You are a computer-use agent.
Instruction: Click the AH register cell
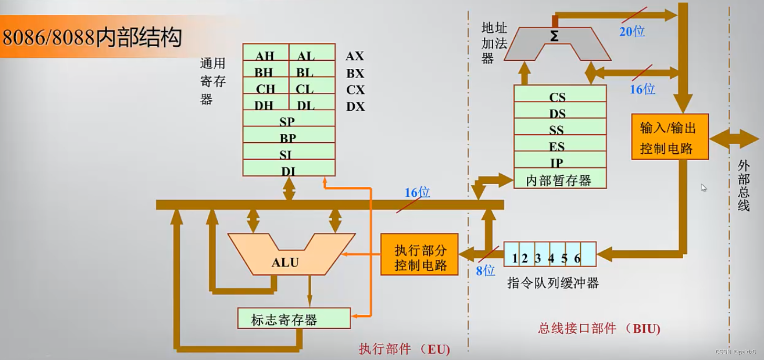(x=265, y=56)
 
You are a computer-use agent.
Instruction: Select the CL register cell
(x=304, y=89)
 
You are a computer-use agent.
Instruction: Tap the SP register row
(x=288, y=121)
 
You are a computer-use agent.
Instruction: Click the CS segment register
(x=557, y=97)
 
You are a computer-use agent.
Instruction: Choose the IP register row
(x=557, y=163)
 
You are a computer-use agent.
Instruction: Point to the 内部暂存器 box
(x=559, y=181)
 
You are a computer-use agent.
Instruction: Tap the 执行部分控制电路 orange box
(x=420, y=258)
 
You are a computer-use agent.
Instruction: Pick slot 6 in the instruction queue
(x=578, y=258)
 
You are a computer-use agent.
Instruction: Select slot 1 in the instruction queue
(x=514, y=258)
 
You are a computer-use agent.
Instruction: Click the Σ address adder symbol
(x=554, y=37)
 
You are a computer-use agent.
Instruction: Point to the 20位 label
(x=632, y=31)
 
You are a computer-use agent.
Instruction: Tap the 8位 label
(x=485, y=271)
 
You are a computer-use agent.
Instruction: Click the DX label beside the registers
(x=355, y=107)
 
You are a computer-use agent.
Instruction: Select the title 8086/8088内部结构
(x=93, y=38)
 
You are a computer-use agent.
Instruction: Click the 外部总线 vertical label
(x=744, y=186)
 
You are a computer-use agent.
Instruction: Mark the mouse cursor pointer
(x=704, y=187)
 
